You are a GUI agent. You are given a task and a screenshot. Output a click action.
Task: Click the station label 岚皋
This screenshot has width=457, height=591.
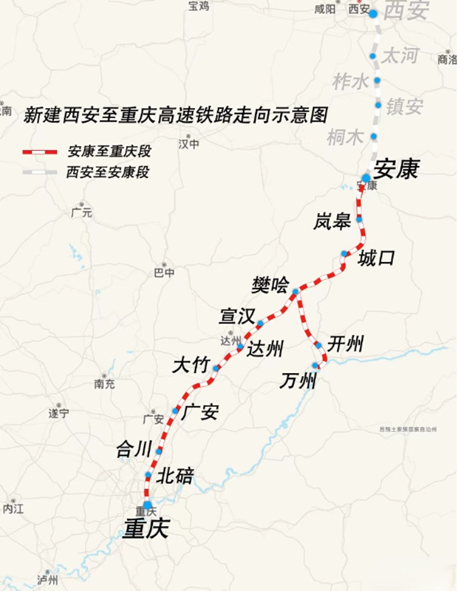pyautogui.click(x=332, y=221)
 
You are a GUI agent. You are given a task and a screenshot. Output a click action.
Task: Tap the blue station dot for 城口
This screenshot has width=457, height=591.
pyautogui.click(x=344, y=254)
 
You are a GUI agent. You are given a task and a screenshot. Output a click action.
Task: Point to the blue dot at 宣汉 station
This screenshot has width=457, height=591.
pyautogui.click(x=260, y=324)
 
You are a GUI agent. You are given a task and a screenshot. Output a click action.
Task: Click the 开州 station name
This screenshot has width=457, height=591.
pyautogui.click(x=346, y=344)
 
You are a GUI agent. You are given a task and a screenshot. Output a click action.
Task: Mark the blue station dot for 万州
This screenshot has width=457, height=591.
pyautogui.click(x=315, y=365)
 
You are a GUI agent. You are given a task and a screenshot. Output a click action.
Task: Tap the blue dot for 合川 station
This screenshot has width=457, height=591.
pyautogui.click(x=159, y=451)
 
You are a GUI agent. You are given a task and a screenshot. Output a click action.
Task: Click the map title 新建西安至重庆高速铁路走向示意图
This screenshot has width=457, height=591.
pyautogui.click(x=176, y=115)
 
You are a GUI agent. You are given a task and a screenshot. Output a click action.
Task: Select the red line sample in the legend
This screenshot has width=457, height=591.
pyautogui.click(x=40, y=152)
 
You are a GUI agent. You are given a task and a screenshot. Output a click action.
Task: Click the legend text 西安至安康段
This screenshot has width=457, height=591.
pyautogui.click(x=108, y=173)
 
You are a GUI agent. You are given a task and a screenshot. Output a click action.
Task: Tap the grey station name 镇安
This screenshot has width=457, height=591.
pyautogui.click(x=404, y=107)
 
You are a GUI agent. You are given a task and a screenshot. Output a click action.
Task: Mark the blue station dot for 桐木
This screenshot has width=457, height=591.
pyautogui.click(x=374, y=136)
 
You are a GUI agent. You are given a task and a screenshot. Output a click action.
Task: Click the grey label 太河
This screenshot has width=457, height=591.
pyautogui.click(x=400, y=56)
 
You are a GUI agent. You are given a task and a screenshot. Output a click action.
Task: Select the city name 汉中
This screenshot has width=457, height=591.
pyautogui.click(x=188, y=144)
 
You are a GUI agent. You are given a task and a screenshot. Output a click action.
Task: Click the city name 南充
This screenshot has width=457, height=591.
pyautogui.click(x=104, y=384)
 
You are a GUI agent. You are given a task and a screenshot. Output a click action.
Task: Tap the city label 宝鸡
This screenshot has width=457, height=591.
pyautogui.click(x=198, y=6)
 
